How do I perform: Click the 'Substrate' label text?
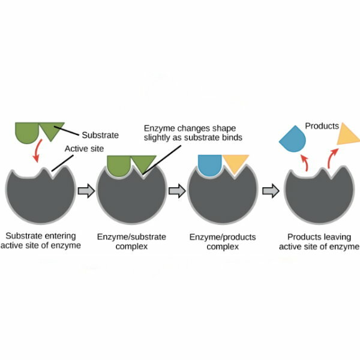click(x=100, y=135)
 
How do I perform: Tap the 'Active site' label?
click(x=84, y=149)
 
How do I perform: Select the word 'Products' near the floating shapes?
click(x=322, y=126)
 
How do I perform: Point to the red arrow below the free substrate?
click(x=37, y=151)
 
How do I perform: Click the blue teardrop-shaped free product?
click(x=293, y=139)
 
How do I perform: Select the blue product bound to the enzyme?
click(x=210, y=164)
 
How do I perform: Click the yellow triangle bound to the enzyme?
click(x=236, y=163)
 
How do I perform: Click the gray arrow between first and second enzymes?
click(x=86, y=191)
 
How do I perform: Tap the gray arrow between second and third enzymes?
click(x=177, y=191)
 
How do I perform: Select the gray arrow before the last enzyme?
click(x=271, y=191)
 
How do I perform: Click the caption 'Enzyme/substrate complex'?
click(x=131, y=242)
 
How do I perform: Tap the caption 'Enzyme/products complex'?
click(x=223, y=242)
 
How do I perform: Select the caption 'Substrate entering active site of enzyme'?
click(x=41, y=241)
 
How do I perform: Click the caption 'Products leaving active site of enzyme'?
click(x=319, y=242)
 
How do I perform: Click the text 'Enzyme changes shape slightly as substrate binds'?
click(x=193, y=133)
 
